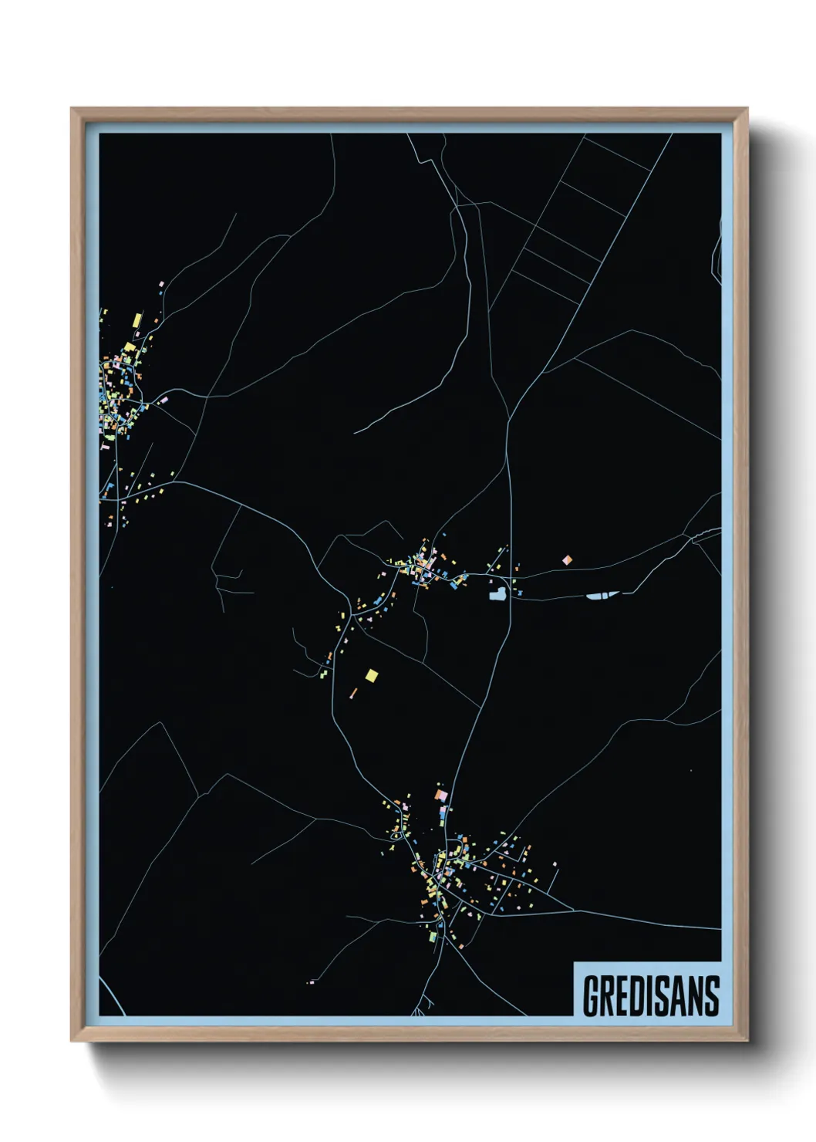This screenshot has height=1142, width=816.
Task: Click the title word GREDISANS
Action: [651, 996]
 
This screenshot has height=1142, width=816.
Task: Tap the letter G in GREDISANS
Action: [592, 996]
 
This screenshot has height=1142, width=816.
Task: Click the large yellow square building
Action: [372, 675]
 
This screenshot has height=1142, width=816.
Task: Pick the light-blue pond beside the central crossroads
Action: [497, 593]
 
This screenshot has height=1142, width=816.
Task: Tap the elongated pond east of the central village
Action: [602, 595]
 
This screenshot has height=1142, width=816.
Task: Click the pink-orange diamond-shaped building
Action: [568, 559]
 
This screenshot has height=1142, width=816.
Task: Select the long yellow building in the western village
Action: [137, 319]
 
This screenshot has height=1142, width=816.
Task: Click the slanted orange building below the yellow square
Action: [354, 692]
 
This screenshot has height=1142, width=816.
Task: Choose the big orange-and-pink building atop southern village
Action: [440, 794]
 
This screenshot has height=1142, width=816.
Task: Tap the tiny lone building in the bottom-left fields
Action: [311, 982]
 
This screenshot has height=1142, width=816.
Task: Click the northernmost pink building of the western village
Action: [161, 284]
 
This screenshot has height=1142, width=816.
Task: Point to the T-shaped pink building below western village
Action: [105, 446]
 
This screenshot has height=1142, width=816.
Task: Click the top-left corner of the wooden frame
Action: [72, 109]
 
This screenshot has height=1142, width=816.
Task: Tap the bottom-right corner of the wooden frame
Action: [747, 1040]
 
